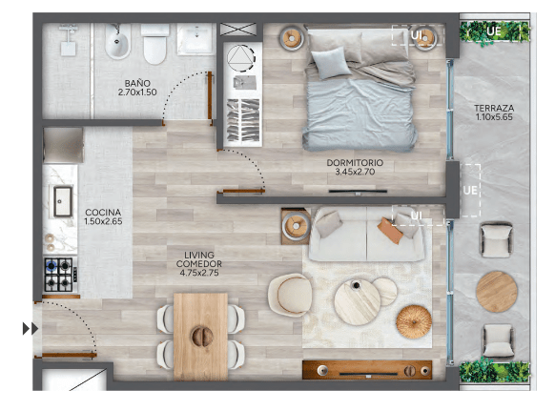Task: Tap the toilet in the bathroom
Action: click(155, 44)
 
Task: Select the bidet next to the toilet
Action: click(118, 41)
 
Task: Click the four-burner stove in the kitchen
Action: click(58, 275)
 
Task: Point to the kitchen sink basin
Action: click(63, 201)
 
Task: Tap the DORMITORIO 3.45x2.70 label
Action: click(355, 167)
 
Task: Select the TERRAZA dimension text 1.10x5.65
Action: click(494, 117)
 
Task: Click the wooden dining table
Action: click(200, 337)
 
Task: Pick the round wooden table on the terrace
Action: click(496, 292)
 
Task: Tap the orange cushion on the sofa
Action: click(390, 231)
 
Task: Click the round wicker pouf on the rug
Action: click(414, 321)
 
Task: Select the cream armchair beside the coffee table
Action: click(291, 295)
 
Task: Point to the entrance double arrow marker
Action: click(31, 329)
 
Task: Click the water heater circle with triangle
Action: click(240, 58)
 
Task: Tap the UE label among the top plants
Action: click(493, 31)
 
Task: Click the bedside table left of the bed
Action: click(292, 38)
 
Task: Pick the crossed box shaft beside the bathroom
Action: click(237, 29)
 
